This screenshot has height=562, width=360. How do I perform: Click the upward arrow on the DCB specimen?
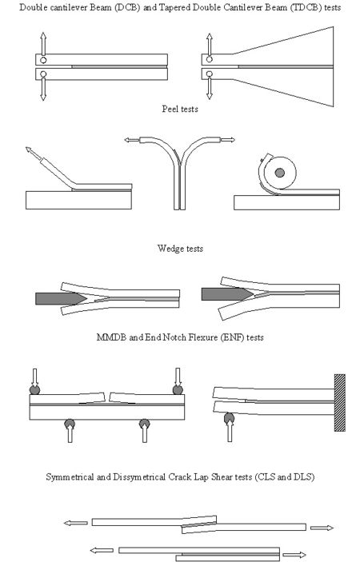(43, 44)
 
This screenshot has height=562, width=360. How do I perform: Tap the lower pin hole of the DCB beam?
(43, 74)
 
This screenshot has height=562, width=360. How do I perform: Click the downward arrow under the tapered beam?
(210, 89)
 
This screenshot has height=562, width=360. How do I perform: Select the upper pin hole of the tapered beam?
(210, 59)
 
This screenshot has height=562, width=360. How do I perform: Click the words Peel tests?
(180, 109)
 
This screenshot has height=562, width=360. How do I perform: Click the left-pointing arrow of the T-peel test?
(132, 140)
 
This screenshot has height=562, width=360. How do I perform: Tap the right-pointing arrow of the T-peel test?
(227, 140)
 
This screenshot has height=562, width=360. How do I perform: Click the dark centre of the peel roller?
(280, 173)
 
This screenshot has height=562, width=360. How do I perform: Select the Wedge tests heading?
(180, 249)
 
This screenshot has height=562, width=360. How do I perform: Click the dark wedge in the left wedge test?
(61, 298)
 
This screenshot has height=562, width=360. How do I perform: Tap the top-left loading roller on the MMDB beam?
(34, 389)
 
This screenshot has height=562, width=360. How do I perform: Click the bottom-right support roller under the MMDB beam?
(145, 424)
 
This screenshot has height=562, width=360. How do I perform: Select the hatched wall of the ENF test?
(340, 402)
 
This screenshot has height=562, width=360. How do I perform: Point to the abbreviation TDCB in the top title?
(305, 7)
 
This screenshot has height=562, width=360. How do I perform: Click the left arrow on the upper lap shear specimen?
(76, 524)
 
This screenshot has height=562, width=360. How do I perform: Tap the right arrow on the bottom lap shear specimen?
(294, 555)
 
